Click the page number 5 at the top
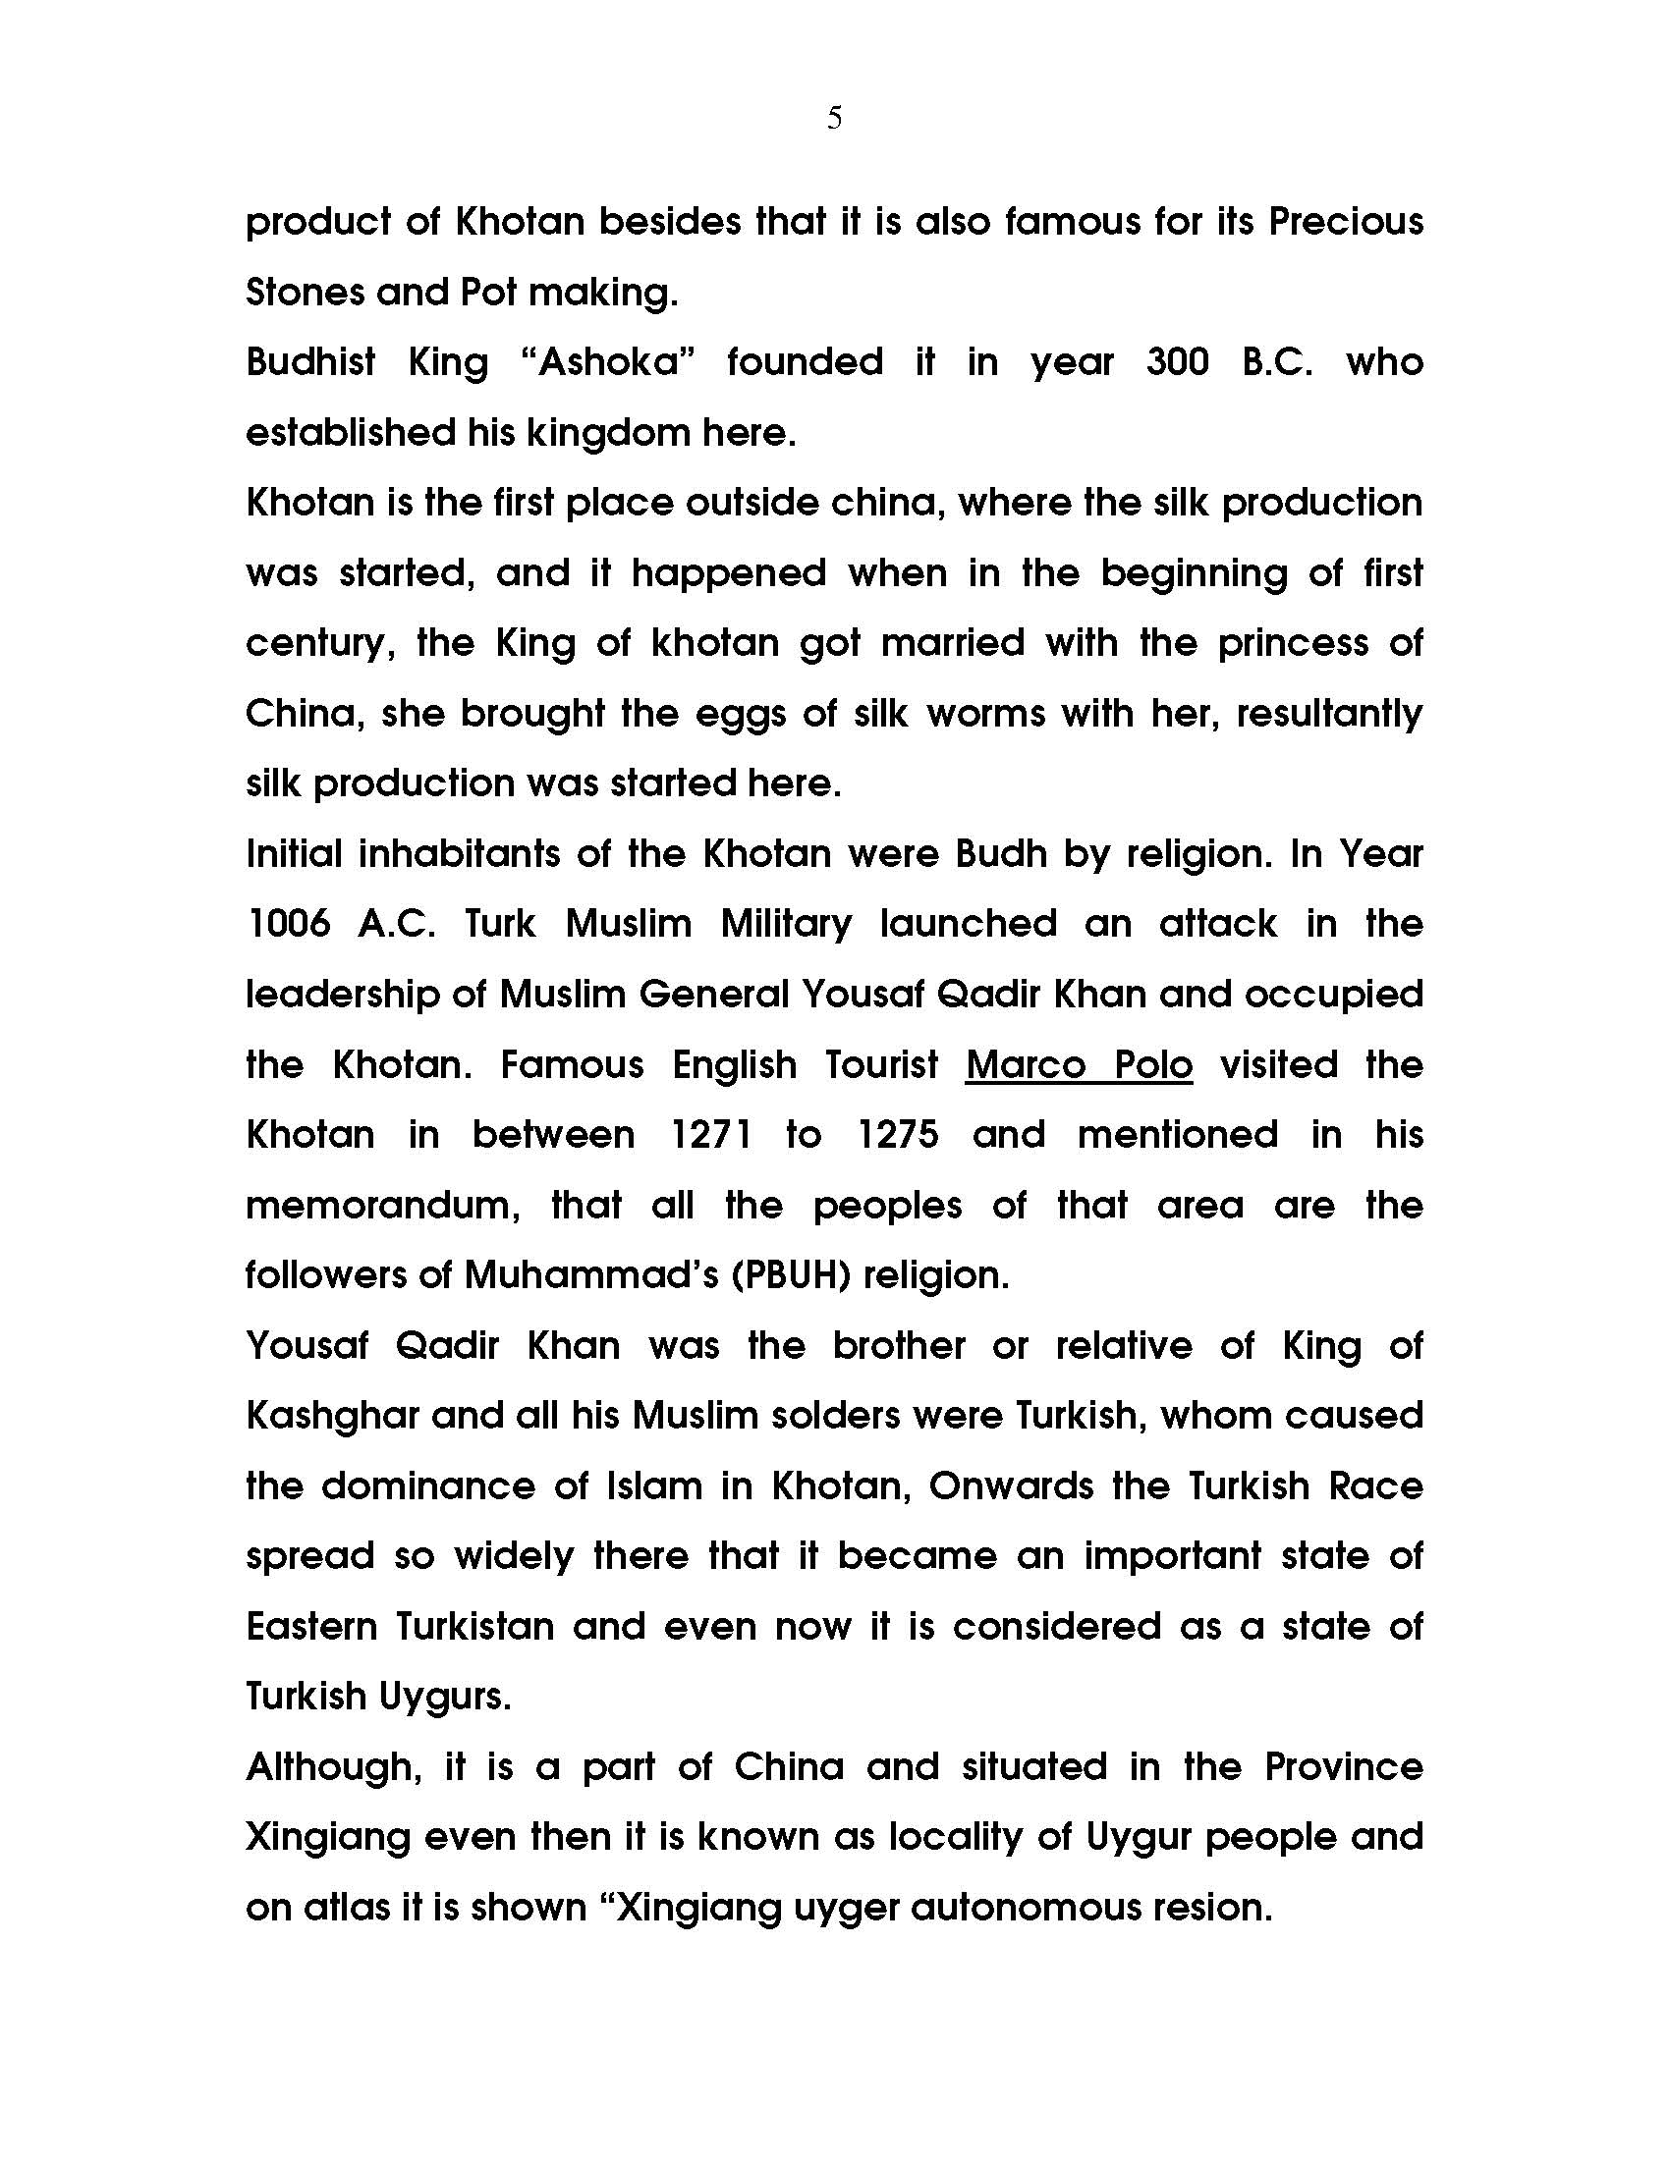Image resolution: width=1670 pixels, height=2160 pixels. (x=834, y=119)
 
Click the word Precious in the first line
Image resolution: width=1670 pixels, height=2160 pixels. (x=1346, y=222)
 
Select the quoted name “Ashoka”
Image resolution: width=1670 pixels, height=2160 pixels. (x=606, y=362)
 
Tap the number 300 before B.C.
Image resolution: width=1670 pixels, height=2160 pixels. (x=1177, y=362)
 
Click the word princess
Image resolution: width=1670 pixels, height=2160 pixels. (x=1293, y=643)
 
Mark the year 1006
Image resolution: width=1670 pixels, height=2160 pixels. (x=289, y=924)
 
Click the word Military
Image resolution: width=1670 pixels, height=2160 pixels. (x=786, y=924)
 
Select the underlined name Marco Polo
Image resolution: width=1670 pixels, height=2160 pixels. (x=1079, y=1065)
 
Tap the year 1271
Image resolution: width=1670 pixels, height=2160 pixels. (x=711, y=1134)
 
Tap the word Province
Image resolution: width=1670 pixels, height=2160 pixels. (x=1344, y=1767)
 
